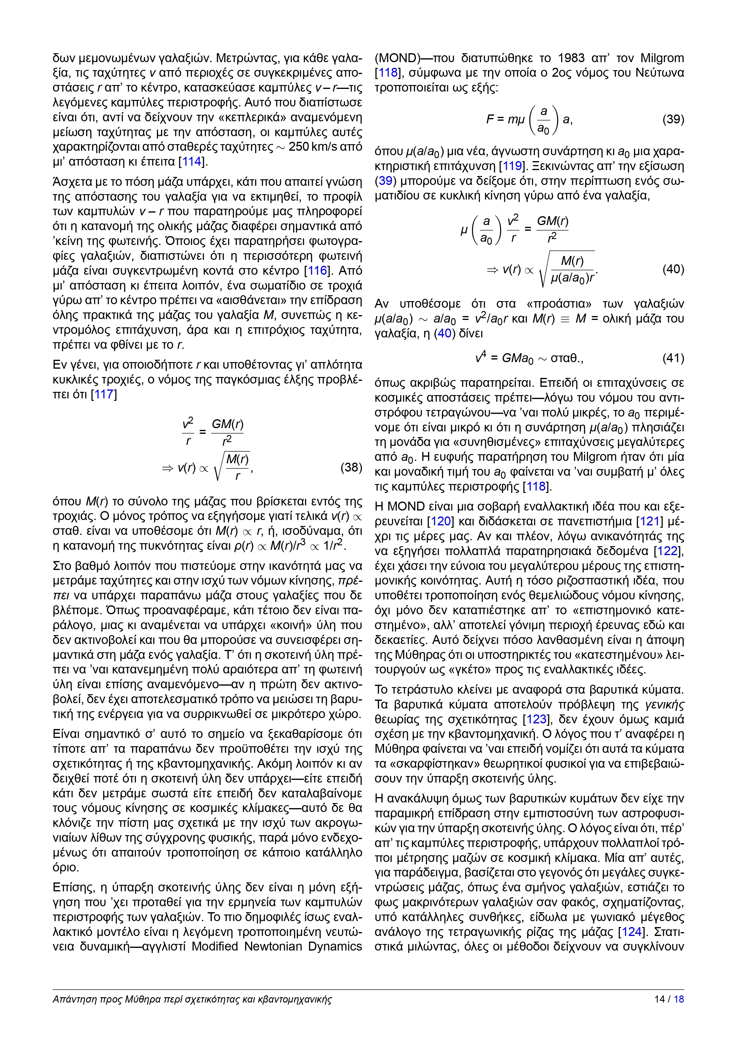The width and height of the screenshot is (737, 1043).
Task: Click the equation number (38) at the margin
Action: tap(351, 467)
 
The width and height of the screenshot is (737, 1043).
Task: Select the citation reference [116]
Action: tap(317, 271)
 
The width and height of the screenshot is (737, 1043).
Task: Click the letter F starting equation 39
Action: tap(490, 120)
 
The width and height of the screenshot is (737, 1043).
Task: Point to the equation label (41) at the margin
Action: tap(673, 358)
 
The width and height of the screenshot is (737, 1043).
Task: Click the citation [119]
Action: tap(512, 166)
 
